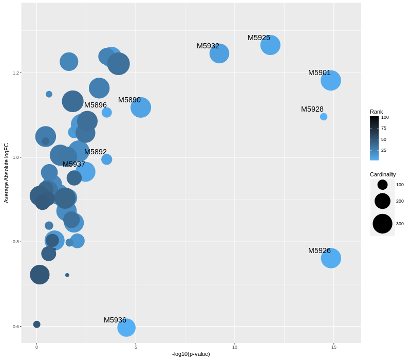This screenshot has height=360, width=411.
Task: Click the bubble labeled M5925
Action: [x=270, y=45]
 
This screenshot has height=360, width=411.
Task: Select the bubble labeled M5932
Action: [x=219, y=53]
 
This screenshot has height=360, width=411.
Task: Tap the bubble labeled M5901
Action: [x=331, y=80]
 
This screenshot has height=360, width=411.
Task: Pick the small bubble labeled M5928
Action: [x=324, y=117]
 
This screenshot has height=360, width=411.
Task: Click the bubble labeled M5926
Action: [x=331, y=258]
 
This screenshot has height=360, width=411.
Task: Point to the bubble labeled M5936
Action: [x=126, y=328]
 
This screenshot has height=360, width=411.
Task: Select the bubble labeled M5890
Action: [x=141, y=107]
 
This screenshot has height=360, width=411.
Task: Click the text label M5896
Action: [x=96, y=105]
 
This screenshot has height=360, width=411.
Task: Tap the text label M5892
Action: [x=96, y=152]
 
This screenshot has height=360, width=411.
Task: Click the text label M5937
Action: [x=74, y=164]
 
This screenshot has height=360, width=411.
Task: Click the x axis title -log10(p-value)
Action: [x=191, y=354]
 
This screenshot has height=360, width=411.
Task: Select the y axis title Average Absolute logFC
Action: [x=6, y=173]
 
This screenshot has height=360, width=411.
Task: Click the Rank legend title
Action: [x=377, y=112]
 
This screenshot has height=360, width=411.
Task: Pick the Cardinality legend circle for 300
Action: [x=383, y=224]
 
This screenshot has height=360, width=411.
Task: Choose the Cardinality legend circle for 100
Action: [x=383, y=185]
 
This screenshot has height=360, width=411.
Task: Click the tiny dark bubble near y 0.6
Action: [x=36, y=325]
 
